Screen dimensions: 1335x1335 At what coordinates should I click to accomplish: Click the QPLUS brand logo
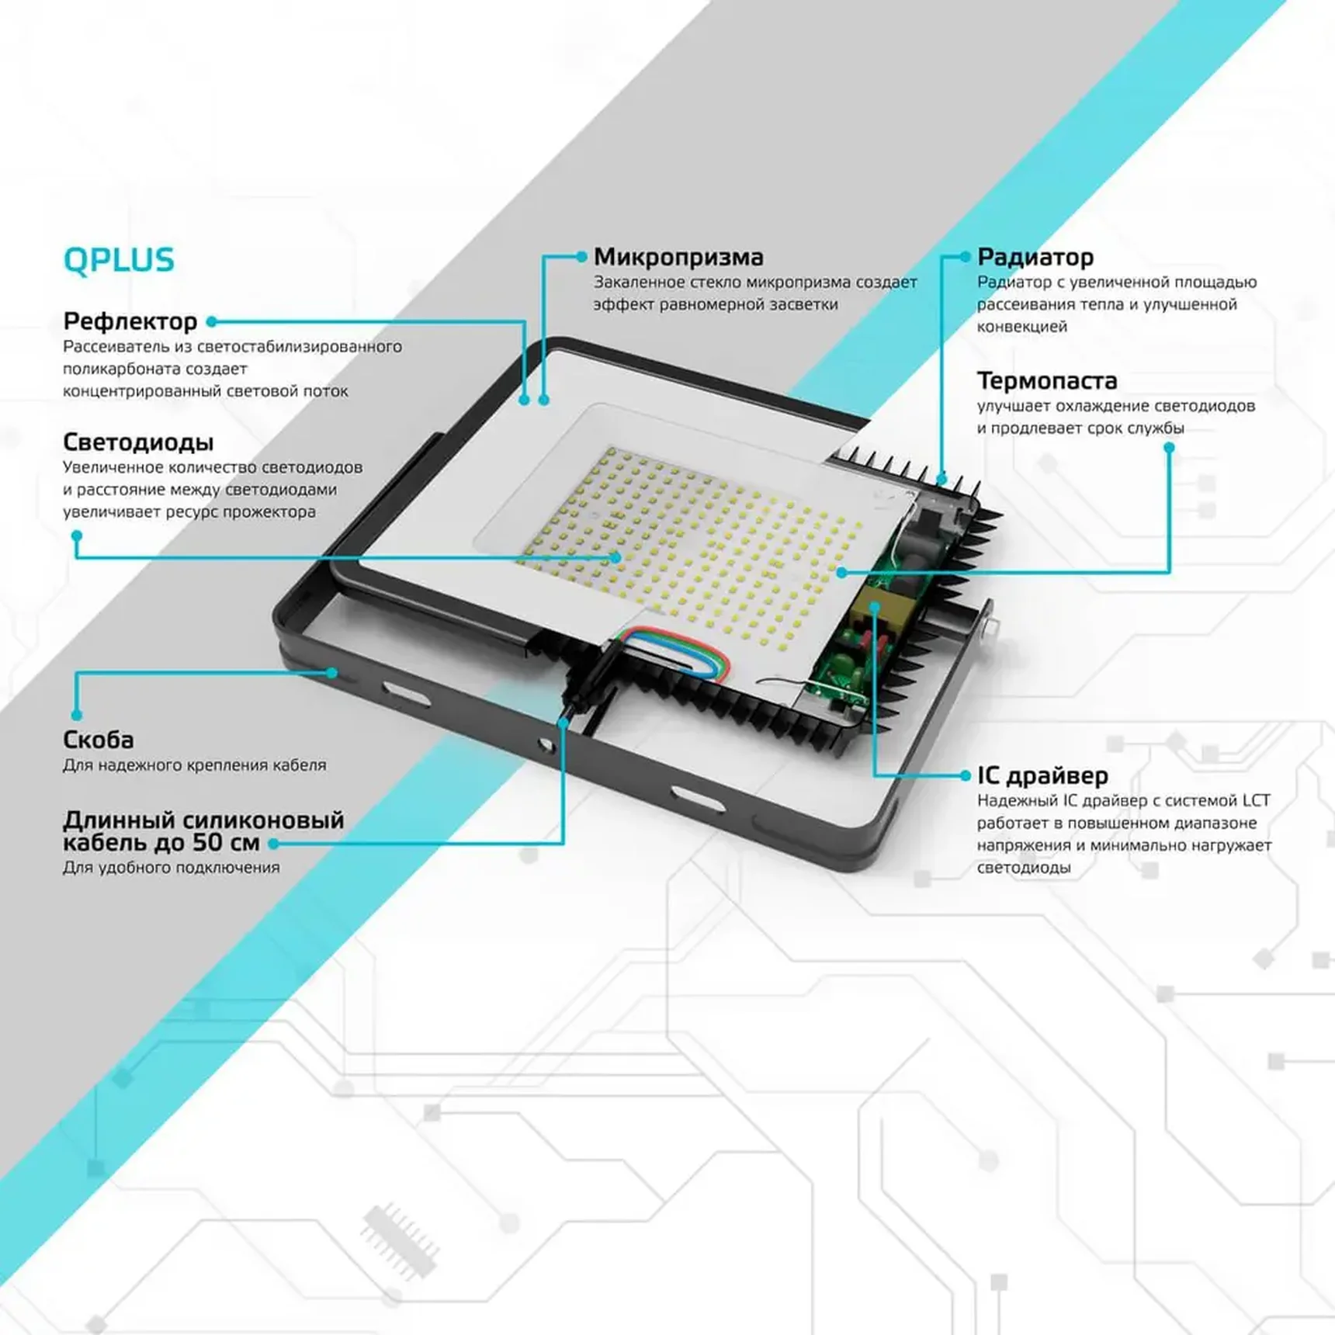(x=119, y=260)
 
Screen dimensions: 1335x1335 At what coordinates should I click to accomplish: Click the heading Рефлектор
(x=130, y=321)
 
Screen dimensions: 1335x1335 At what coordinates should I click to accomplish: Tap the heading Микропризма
(x=678, y=257)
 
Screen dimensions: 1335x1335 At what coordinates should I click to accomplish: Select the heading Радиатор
(x=1035, y=257)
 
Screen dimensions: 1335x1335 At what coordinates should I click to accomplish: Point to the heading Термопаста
(x=1046, y=380)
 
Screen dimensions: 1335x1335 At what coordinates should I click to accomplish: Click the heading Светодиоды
(x=138, y=442)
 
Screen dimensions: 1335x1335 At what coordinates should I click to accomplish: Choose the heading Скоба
(x=98, y=740)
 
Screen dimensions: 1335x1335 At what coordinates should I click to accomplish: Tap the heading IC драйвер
(x=1042, y=775)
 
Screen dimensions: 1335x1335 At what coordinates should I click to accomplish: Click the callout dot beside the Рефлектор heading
(x=211, y=321)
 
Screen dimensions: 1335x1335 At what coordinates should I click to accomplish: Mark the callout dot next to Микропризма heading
(x=581, y=256)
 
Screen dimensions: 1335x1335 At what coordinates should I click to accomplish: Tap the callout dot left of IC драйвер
(x=965, y=775)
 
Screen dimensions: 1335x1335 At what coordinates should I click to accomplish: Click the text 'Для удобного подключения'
(x=171, y=868)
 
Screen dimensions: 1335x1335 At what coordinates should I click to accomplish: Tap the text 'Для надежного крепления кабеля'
(x=194, y=765)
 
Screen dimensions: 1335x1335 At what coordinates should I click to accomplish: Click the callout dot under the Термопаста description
(x=1169, y=448)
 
